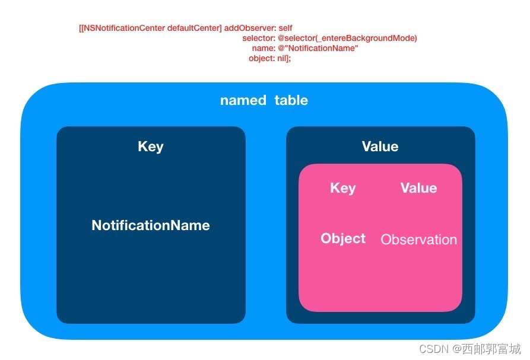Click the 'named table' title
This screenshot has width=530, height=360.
[x=264, y=100]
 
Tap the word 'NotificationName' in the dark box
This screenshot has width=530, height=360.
[x=151, y=225]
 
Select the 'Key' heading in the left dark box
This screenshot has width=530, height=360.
[x=151, y=146]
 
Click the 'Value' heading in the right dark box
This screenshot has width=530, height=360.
[x=380, y=146]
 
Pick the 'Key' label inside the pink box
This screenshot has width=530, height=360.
[x=342, y=188]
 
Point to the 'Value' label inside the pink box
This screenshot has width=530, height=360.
[x=419, y=188]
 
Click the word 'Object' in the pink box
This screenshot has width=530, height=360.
[x=343, y=238]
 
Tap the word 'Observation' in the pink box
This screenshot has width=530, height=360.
[x=419, y=240]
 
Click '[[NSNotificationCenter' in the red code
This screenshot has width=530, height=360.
[x=122, y=28]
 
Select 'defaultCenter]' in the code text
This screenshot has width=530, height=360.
[x=194, y=28]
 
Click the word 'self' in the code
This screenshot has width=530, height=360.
[x=285, y=28]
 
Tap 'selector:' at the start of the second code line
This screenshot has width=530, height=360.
[x=259, y=38]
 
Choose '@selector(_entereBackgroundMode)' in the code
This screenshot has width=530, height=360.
[x=347, y=38]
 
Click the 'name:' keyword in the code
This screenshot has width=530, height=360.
[x=264, y=48]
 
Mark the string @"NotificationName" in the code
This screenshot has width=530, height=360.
[x=318, y=48]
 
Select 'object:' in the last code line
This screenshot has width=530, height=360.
[x=262, y=59]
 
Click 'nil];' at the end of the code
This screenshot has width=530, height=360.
[x=284, y=59]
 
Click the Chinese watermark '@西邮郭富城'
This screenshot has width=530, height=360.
[x=487, y=349]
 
